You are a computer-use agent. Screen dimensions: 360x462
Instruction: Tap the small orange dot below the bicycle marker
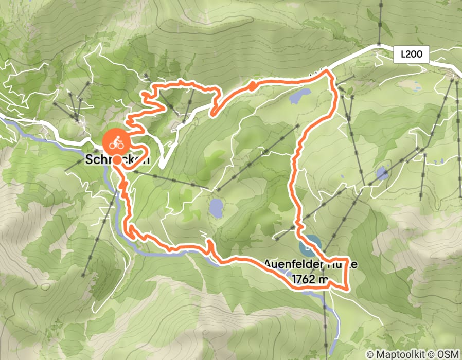(x=117, y=160)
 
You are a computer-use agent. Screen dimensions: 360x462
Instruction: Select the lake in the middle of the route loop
(x=216, y=208)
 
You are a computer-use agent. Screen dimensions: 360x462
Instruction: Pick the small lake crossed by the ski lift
(x=382, y=173)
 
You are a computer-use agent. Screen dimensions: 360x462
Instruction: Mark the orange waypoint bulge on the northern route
(x=253, y=87)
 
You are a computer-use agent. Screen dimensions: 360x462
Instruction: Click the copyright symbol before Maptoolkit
(x=370, y=354)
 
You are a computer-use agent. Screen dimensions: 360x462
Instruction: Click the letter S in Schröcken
(x=88, y=160)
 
